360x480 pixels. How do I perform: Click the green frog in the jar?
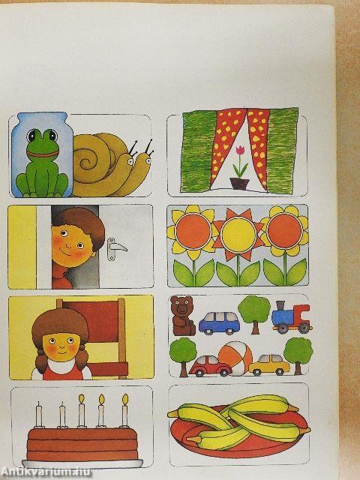[x=42, y=163]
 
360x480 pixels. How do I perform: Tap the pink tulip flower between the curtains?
[x=240, y=150]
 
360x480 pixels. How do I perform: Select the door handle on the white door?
[x=115, y=248]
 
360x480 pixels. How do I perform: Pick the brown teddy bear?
[x=183, y=316]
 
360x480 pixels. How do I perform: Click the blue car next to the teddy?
[x=220, y=323]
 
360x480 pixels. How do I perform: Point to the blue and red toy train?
[x=291, y=317]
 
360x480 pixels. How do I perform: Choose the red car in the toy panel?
[x=211, y=366]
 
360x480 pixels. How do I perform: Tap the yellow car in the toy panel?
[x=269, y=364]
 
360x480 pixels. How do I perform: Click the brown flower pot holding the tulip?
[x=239, y=184]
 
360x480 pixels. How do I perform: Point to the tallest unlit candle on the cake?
[x=39, y=414]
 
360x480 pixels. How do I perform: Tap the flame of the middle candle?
[x=82, y=399]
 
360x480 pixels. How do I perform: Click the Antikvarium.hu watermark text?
[x=46, y=472]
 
